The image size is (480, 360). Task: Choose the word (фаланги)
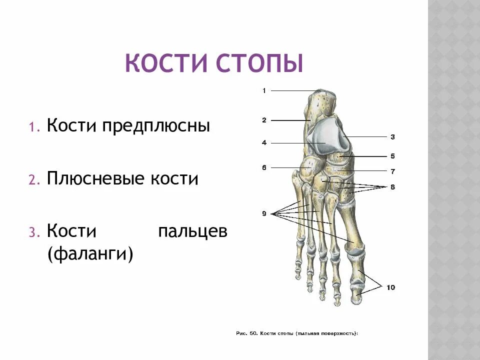[90, 254]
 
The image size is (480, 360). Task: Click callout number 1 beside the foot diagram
[263, 90]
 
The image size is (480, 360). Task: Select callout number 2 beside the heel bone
[263, 120]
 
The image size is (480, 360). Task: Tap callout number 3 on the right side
[392, 136]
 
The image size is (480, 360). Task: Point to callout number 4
[263, 143]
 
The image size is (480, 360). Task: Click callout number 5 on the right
[392, 156]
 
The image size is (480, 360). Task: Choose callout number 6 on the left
[263, 167]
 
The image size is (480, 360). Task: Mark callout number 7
[392, 171]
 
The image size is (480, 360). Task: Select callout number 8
[392, 186]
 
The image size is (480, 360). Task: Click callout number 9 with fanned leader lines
[263, 214]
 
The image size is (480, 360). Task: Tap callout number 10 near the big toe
[390, 287]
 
